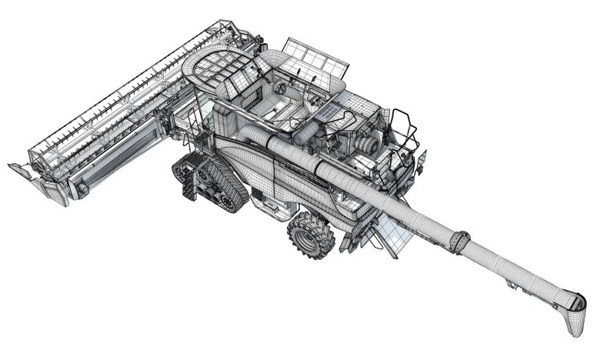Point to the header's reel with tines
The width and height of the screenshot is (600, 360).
click(115, 100)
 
